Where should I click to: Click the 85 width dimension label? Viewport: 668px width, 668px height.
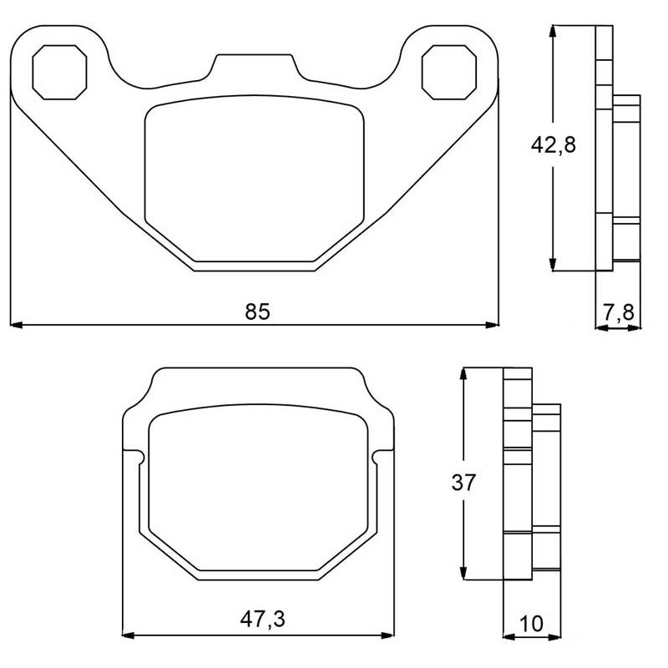coord(257,311)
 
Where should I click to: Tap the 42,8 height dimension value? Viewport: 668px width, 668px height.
coord(553,145)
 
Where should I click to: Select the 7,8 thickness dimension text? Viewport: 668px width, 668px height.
coord(619,312)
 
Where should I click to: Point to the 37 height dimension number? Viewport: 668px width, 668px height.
coord(463,483)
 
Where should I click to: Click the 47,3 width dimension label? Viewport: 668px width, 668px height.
coord(262,619)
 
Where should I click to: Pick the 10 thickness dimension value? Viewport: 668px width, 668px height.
coord(532,624)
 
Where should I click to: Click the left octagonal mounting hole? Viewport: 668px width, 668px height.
coord(59,72)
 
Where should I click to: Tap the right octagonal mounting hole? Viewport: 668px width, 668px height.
coord(448,72)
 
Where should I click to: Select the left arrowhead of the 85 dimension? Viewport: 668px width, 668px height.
coord(16,325)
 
